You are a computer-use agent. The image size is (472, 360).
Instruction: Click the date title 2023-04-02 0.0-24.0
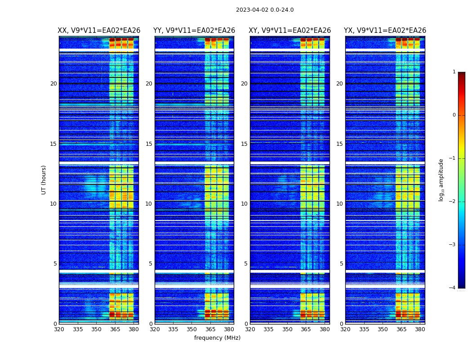pyautogui.click(x=265, y=10)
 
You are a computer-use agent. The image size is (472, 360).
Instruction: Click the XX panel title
pyautogui.click(x=99, y=31)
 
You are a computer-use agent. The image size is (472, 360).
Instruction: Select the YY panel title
pyautogui.click(x=194, y=31)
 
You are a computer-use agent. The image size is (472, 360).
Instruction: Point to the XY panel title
pyautogui.click(x=290, y=31)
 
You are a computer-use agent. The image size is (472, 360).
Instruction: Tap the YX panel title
pyautogui.click(x=385, y=31)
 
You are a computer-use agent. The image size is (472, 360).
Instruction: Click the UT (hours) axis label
pyautogui.click(x=44, y=180)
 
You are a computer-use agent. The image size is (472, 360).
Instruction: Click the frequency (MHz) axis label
pyautogui.click(x=217, y=338)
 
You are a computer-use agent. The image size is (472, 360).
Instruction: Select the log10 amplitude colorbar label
pyautogui.click(x=441, y=180)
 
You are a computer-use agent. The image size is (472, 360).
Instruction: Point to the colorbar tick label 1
pyautogui.click(x=454, y=72)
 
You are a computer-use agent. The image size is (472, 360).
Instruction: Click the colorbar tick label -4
pyautogui.click(x=453, y=288)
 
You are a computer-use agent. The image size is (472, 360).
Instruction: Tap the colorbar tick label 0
pyautogui.click(x=454, y=115)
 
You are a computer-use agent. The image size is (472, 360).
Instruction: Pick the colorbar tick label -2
pyautogui.click(x=453, y=202)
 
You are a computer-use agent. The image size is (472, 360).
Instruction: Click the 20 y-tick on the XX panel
pyautogui.click(x=53, y=84)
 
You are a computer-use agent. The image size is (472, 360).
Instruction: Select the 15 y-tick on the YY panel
pyautogui.click(x=149, y=144)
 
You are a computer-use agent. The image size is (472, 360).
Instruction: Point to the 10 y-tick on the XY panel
pyautogui.click(x=244, y=204)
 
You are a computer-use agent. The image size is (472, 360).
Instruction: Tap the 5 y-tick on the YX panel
pyautogui.click(x=341, y=264)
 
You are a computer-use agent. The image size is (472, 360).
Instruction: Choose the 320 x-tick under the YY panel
pyautogui.click(x=155, y=329)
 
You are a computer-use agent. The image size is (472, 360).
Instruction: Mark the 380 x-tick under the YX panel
pyautogui.click(x=420, y=329)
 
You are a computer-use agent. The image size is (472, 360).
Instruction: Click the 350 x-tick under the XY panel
pyautogui.click(x=287, y=329)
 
